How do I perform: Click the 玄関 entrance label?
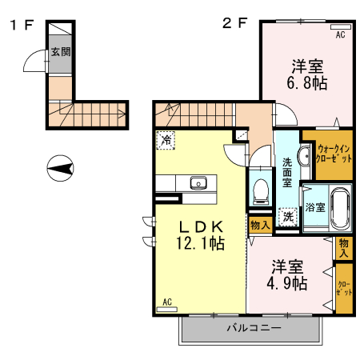pyautogui.click(x=61, y=51)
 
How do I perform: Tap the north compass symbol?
pyautogui.click(x=60, y=168)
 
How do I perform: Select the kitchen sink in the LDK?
pyautogui.click(x=198, y=183)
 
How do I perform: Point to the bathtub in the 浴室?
pyautogui.click(x=341, y=208)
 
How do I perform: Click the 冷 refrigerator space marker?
pyautogui.click(x=166, y=140)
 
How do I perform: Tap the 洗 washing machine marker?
pyautogui.click(x=288, y=217)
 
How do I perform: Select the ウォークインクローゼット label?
pyautogui.click(x=334, y=154)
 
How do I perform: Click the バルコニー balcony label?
pyautogui.click(x=254, y=327)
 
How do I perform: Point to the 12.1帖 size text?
pyautogui.click(x=200, y=243)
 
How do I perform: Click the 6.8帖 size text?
pyautogui.click(x=307, y=82)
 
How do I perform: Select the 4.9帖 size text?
pyautogui.click(x=287, y=283)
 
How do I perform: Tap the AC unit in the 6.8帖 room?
pyautogui.click(x=341, y=26)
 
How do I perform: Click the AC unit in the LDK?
pyautogui.click(x=167, y=310)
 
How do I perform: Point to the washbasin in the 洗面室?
pyautogui.click(x=304, y=155)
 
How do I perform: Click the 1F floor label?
pyautogui.click(x=22, y=25)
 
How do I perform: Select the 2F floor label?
pyautogui.click(x=235, y=23)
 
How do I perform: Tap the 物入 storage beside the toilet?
pyautogui.click(x=260, y=226)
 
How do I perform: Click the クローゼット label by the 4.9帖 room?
pyautogui.click(x=344, y=288)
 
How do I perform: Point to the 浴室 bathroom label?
pyautogui.click(x=315, y=207)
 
